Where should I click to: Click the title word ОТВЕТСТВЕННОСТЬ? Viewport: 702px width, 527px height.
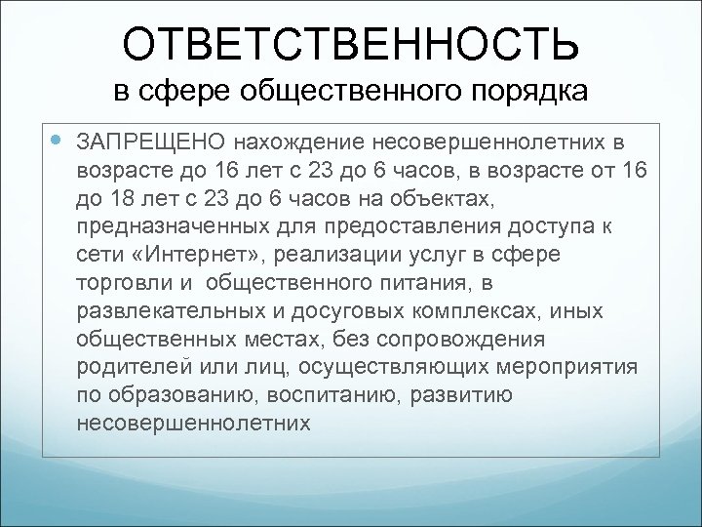(350, 44)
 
